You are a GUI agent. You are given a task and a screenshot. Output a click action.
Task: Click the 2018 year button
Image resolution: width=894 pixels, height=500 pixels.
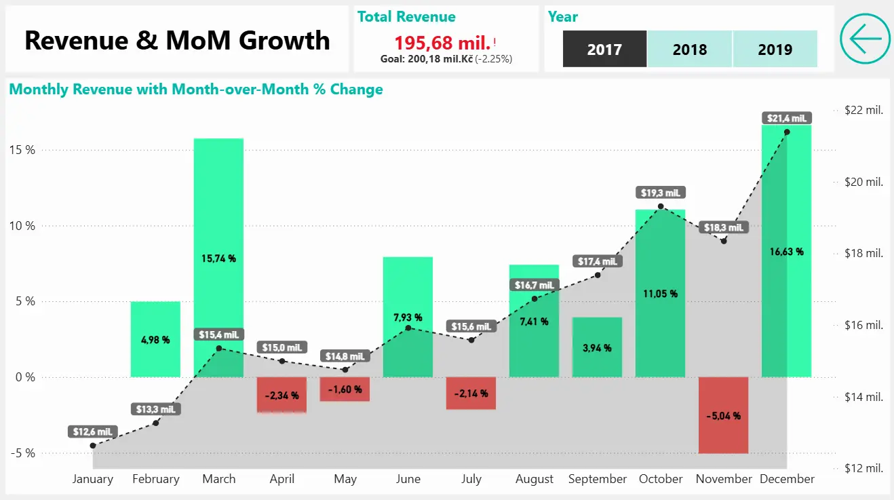pyautogui.click(x=690, y=50)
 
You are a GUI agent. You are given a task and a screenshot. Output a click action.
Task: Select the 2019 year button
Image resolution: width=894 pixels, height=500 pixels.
pyautogui.click(x=775, y=50)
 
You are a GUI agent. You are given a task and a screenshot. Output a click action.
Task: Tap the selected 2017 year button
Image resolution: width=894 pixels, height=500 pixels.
pyautogui.click(x=604, y=50)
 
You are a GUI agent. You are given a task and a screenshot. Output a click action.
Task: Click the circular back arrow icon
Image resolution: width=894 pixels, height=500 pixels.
pyautogui.click(x=865, y=39)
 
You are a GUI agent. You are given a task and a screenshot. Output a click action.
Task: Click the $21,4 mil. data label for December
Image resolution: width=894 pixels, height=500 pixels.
pyautogui.click(x=786, y=118)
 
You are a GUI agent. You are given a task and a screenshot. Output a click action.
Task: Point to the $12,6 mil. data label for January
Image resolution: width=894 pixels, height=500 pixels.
pyautogui.click(x=93, y=431)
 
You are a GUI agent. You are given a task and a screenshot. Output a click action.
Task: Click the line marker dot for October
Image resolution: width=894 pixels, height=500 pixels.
pyautogui.click(x=661, y=206)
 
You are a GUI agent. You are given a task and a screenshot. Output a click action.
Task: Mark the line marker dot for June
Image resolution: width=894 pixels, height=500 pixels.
pyautogui.click(x=408, y=328)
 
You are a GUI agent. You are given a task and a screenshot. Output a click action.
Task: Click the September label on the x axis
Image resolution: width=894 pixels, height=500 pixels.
pyautogui.click(x=598, y=479)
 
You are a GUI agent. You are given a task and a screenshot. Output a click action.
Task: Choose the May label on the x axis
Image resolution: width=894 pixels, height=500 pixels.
pyautogui.click(x=345, y=479)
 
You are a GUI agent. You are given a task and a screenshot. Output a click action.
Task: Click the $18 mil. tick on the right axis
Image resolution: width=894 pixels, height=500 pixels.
pyautogui.click(x=863, y=253)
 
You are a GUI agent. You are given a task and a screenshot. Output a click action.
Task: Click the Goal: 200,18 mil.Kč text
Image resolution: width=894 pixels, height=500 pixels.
pyautogui.click(x=427, y=59)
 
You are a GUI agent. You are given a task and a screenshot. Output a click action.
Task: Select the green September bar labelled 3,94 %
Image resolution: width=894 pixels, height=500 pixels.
pyautogui.click(x=597, y=347)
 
